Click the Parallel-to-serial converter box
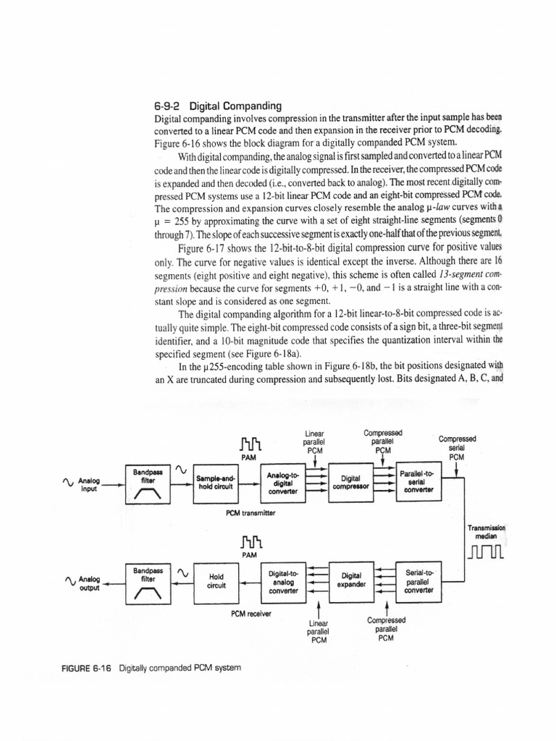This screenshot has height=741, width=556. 418,481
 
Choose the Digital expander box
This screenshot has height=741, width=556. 351,580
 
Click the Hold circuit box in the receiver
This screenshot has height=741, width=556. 216,581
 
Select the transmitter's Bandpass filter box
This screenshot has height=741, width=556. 147,483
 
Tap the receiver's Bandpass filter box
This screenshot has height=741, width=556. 147,583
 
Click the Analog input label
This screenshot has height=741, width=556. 90,484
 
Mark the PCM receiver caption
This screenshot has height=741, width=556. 251,614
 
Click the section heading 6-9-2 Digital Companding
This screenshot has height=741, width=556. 208,106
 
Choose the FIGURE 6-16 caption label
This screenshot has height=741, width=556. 86,667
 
